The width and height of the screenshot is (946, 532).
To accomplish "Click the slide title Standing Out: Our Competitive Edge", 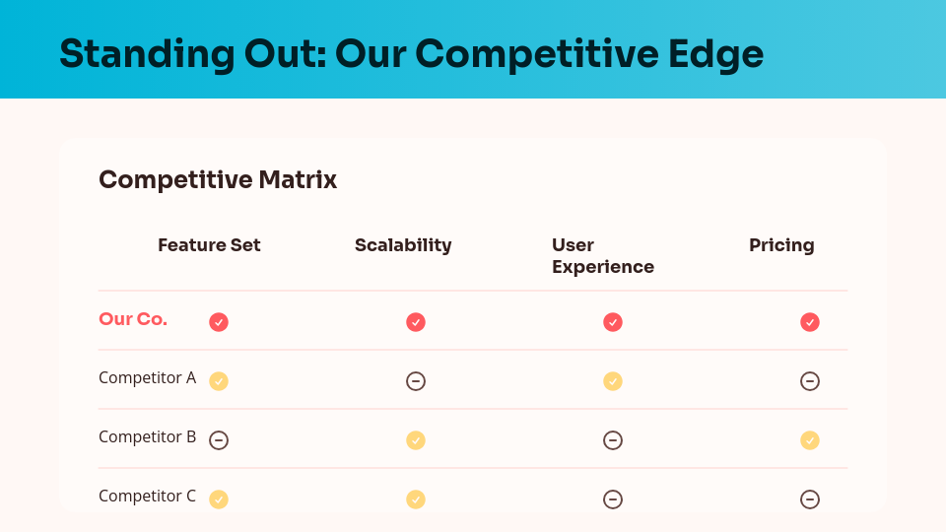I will [411, 53].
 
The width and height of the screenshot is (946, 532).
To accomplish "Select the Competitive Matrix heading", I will [218, 180].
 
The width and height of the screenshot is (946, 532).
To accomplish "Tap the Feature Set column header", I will [209, 245].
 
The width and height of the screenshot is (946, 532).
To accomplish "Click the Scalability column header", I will [403, 245].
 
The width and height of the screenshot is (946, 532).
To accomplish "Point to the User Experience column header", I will [602, 256].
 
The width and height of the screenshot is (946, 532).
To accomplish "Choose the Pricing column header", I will [781, 245].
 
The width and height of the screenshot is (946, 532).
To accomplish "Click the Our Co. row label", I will [133, 319].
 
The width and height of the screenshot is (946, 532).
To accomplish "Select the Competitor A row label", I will [147, 377].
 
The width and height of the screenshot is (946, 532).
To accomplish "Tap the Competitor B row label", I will [147, 436].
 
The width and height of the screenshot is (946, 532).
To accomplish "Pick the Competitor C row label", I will [147, 496].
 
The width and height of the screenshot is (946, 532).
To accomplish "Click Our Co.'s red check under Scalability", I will [416, 322].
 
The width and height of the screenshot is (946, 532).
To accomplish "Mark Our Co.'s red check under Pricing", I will [810, 322].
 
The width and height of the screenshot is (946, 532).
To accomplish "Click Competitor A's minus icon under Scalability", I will [416, 381].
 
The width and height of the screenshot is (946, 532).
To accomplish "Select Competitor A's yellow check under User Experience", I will [613, 381].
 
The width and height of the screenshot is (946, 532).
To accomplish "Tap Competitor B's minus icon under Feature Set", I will [219, 440].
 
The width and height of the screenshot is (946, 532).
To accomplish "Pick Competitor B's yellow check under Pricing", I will [810, 440].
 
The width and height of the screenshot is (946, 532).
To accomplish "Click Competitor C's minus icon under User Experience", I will [613, 499].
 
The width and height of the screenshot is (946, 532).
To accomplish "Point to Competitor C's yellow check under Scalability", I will [416, 499].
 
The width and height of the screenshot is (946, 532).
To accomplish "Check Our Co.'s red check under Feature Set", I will [219, 322].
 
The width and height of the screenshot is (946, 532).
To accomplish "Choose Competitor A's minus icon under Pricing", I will [810, 381].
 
